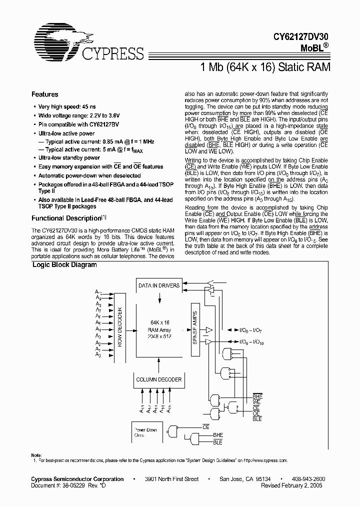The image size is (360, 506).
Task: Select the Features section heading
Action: point(45,94)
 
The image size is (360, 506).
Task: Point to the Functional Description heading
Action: point(66,218)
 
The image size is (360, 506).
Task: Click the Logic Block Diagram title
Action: point(64,265)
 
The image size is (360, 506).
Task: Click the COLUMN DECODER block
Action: point(159,379)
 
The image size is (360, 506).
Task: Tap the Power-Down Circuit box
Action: point(145,432)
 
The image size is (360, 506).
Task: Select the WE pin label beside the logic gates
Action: point(256,401)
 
